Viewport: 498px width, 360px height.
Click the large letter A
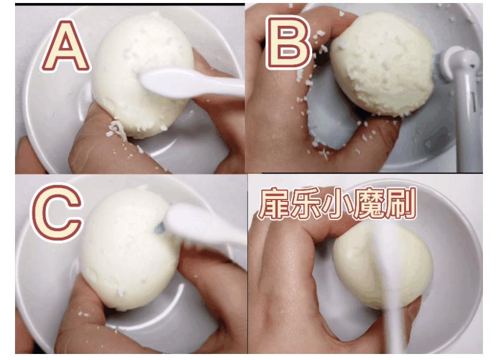click(66, 47)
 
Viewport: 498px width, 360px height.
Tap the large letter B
click(287, 42)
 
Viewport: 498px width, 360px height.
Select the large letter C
click(57, 213)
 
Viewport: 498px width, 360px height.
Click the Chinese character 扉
click(274, 203)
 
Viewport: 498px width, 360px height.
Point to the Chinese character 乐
click(306, 203)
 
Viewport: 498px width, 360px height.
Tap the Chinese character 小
click(337, 204)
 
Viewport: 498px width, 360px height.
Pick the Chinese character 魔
click(368, 204)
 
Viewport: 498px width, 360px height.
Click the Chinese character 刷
click(400, 204)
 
